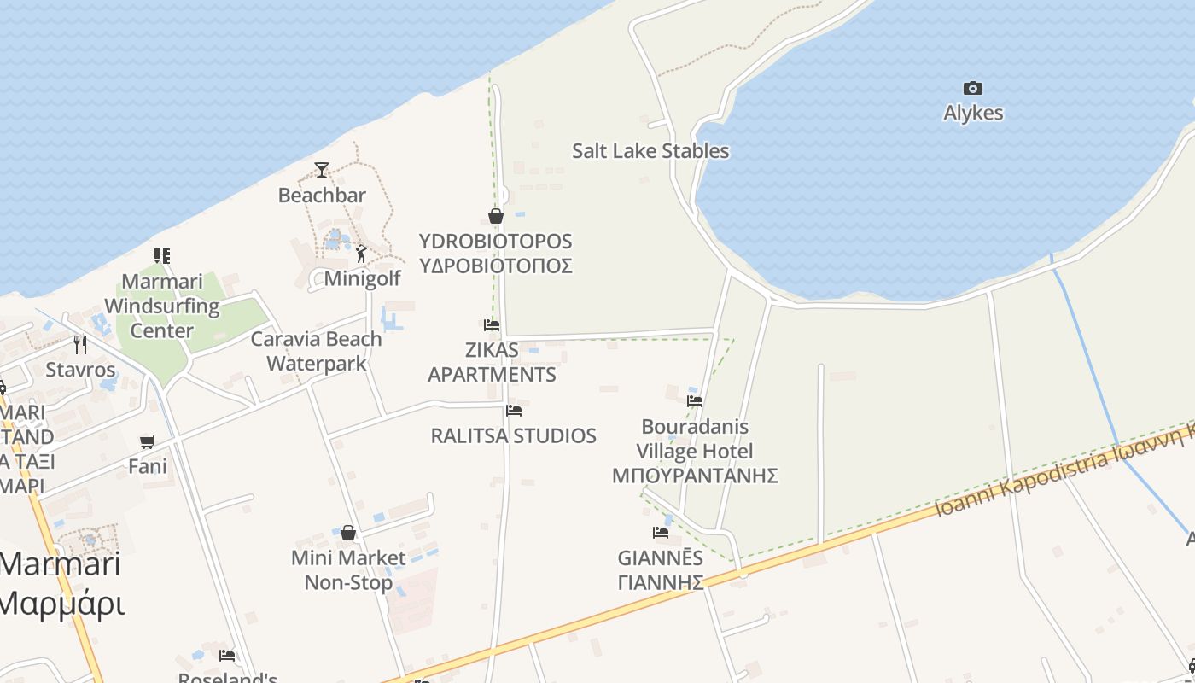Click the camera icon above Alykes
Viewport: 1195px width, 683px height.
(972, 88)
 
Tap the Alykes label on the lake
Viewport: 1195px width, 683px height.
(973, 114)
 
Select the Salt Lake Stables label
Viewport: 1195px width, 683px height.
(650, 151)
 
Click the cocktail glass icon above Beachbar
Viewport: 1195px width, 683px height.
(321, 170)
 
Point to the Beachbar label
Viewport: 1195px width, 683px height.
(322, 196)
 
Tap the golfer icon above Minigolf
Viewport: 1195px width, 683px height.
(361, 254)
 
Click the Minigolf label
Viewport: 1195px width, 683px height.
(362, 279)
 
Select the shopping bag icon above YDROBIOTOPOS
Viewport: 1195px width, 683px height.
(495, 216)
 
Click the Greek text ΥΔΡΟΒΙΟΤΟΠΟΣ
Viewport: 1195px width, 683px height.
(495, 266)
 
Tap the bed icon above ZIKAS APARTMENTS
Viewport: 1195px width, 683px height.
(491, 325)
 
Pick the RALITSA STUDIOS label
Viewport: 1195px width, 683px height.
(513, 436)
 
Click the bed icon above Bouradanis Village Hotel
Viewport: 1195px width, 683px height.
(695, 400)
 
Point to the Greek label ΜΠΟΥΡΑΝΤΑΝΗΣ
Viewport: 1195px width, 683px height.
(695, 476)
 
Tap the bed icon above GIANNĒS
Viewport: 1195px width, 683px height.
(661, 533)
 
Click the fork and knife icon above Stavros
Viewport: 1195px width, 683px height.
(80, 344)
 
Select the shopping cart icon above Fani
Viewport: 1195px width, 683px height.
(148, 441)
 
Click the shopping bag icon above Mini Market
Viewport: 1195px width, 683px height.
(348, 533)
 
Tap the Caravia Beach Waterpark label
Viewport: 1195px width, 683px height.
(316, 351)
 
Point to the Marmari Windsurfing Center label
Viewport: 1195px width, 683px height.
(161, 306)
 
